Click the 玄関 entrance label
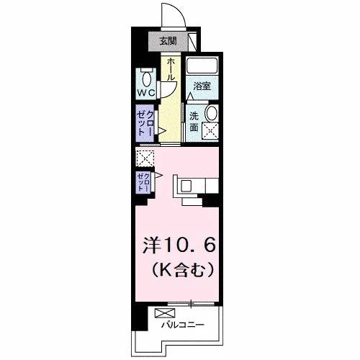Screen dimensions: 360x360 168,41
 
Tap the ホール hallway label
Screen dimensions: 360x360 171,69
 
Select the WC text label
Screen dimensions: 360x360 146,93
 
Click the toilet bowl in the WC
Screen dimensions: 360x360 146,78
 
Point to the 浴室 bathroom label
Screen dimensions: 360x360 202,86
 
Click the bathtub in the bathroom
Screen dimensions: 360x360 202,66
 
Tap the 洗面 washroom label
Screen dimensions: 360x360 194,122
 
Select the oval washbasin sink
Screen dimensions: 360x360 212,113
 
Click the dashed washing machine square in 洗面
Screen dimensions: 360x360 210,131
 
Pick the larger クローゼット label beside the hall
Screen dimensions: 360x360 145,123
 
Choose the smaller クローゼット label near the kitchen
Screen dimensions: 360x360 143,182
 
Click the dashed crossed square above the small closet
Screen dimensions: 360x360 145,158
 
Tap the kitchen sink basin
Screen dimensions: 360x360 186,186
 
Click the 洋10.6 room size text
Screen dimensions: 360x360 179,246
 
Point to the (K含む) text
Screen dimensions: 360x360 182,270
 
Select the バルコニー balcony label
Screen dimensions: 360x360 182,325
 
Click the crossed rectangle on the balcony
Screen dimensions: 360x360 165,313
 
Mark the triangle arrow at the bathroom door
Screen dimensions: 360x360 190,96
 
